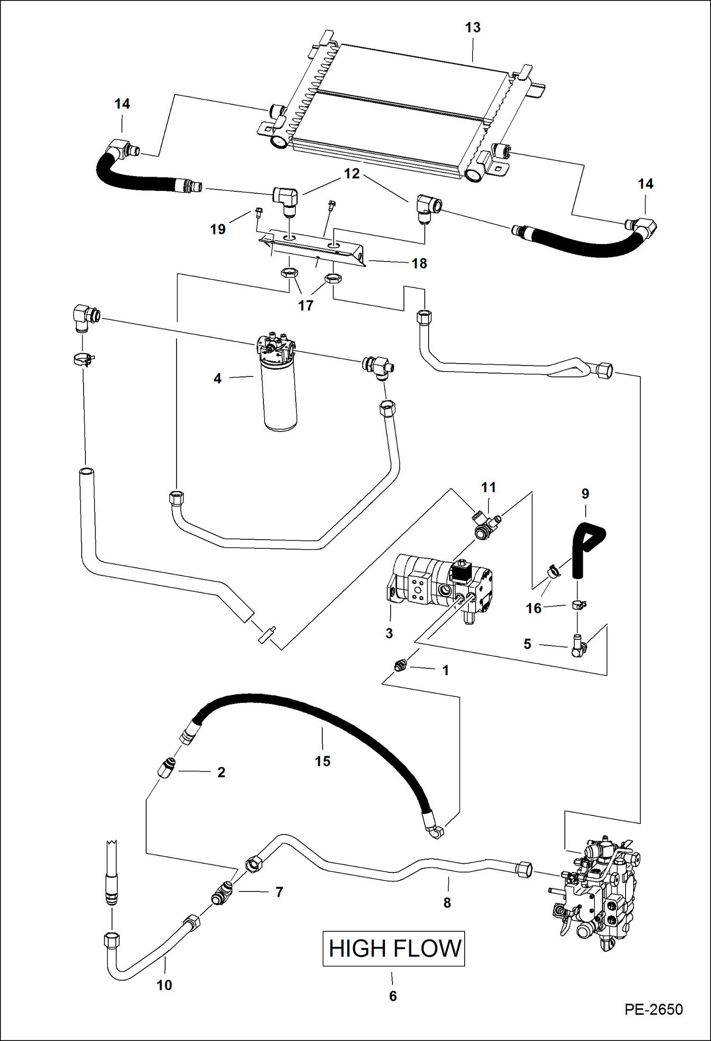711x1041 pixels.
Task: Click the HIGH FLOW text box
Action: pyautogui.click(x=393, y=948)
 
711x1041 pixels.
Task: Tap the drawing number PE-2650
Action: pyautogui.click(x=653, y=1009)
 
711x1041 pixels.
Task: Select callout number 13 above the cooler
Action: pyautogui.click(x=472, y=28)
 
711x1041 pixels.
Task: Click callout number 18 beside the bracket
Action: pyautogui.click(x=419, y=263)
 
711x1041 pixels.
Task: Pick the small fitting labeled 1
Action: pyautogui.click(x=400, y=666)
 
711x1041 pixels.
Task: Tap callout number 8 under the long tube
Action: pyautogui.click(x=447, y=902)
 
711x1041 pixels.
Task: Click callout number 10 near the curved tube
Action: pyautogui.click(x=164, y=985)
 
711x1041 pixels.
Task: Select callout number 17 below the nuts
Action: pyautogui.click(x=306, y=305)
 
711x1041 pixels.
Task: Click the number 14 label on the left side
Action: pyautogui.click(x=122, y=104)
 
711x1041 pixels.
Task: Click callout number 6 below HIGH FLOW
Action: pyautogui.click(x=393, y=996)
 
